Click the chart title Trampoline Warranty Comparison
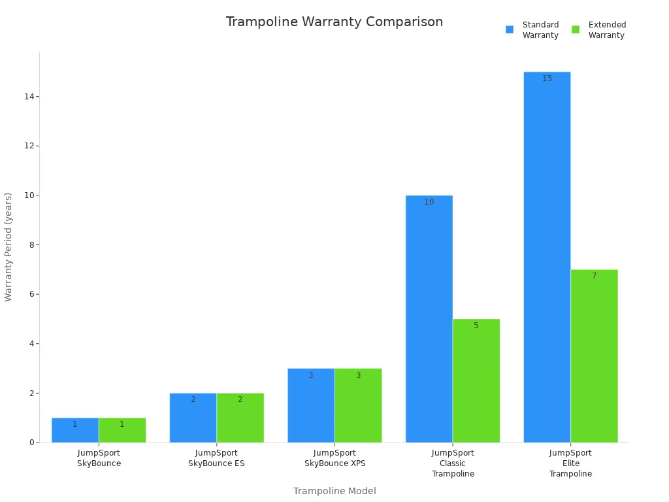click(x=334, y=22)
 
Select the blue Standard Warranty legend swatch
click(x=510, y=29)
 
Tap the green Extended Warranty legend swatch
click(x=576, y=29)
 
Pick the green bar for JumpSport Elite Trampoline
click(x=594, y=356)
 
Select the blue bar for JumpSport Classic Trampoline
click(x=429, y=320)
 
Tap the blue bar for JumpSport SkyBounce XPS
click(x=311, y=405)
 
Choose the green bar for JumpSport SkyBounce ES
click(x=240, y=418)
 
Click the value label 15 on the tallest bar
click(x=547, y=78)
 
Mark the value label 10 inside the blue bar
click(x=429, y=202)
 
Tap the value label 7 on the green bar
click(x=594, y=276)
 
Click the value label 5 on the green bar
click(x=476, y=326)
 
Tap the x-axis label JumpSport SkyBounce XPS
click(x=334, y=458)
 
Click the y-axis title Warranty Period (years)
click(x=8, y=247)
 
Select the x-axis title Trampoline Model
click(x=334, y=491)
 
